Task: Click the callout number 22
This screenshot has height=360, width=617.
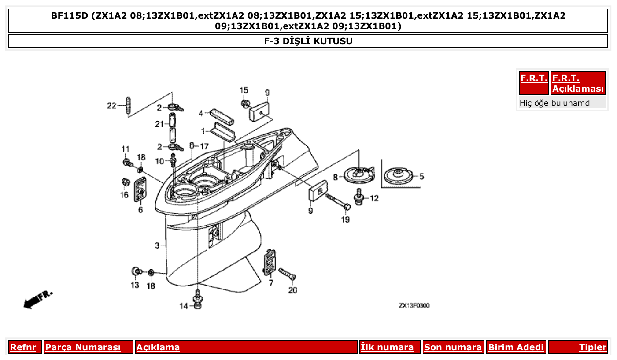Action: tap(111, 106)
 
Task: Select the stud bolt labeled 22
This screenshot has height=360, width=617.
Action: tap(128, 106)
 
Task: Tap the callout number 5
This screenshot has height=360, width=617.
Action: tap(421, 177)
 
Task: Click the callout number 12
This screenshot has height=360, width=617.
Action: tap(373, 198)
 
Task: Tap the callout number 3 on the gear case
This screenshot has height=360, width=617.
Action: tap(157, 245)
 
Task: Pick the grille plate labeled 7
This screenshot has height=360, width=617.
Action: tap(270, 263)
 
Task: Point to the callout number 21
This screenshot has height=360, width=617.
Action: tap(159, 124)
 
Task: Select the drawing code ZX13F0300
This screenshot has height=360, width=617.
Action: tap(414, 305)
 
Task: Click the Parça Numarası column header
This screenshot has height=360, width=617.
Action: tap(83, 347)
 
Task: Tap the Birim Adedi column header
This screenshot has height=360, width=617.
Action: tap(516, 347)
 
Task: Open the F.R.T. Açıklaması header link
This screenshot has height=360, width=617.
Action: tap(578, 83)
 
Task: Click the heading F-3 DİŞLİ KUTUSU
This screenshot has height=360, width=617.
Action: tap(308, 41)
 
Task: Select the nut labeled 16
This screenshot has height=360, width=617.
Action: tap(125, 182)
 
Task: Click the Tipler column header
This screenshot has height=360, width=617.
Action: tap(592, 347)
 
